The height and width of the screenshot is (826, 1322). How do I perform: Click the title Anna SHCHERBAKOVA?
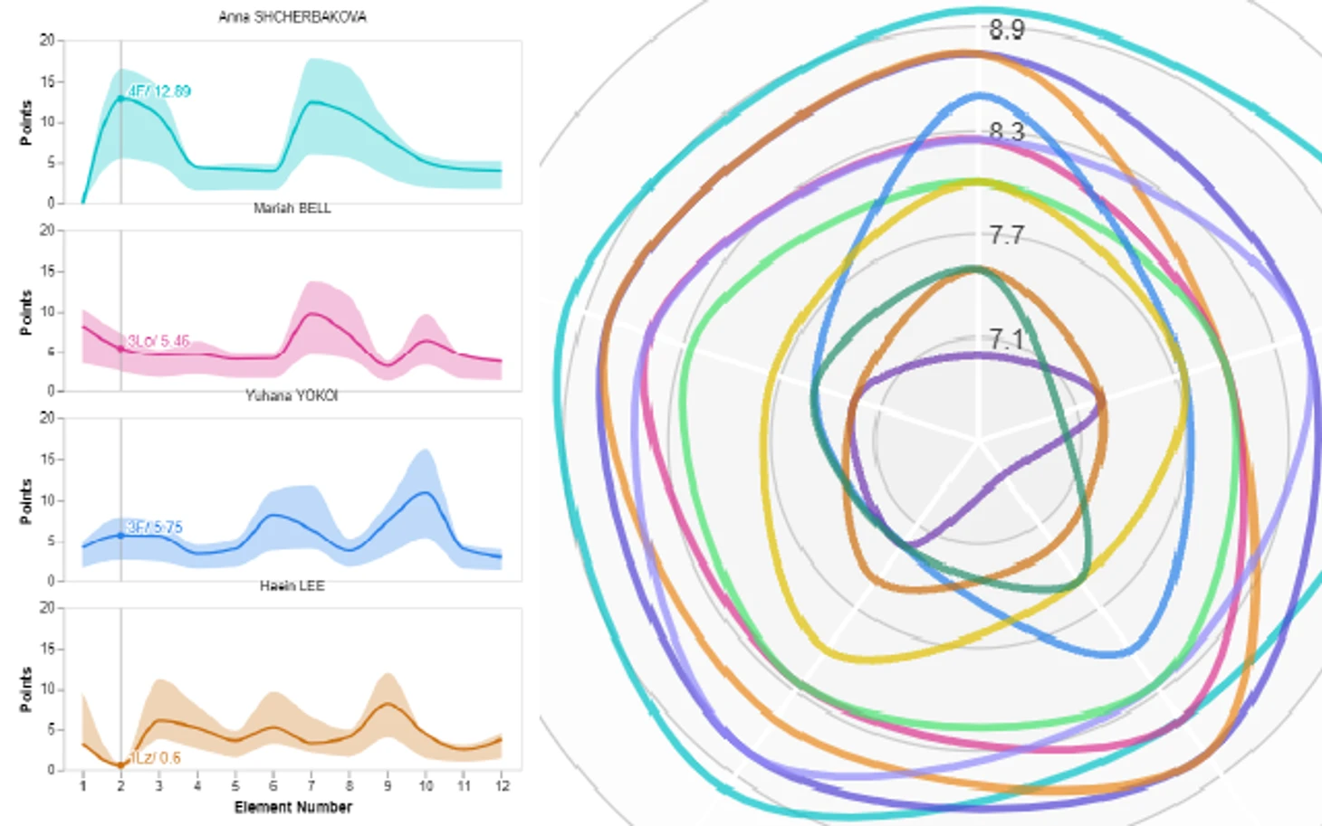coord(292,17)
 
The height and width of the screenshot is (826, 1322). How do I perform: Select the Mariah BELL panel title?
coord(292,208)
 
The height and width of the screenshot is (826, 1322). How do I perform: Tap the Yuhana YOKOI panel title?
coord(292,396)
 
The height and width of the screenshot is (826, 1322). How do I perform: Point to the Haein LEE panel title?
coord(292,586)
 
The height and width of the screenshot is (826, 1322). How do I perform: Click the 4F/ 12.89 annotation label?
coord(159,91)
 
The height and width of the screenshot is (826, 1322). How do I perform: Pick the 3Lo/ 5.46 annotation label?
coord(158,341)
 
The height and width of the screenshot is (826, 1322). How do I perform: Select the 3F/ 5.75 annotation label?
coord(155,527)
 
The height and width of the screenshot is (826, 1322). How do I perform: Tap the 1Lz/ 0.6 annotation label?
coord(155,758)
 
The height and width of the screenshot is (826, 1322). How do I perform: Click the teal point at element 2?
coord(120,98)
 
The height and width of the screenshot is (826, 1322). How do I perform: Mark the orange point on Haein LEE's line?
coord(120,765)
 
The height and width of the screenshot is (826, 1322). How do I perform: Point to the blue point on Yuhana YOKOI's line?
coord(120,536)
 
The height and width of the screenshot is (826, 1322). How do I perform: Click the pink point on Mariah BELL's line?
coord(120,348)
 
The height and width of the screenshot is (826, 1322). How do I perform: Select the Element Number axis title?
coord(292,807)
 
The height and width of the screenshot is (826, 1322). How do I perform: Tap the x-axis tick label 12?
coord(501,786)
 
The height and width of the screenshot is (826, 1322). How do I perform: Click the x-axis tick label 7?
coord(311,786)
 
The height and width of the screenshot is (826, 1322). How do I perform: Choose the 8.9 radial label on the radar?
coord(1006,30)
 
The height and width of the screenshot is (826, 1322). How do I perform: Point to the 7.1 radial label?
coord(1006,340)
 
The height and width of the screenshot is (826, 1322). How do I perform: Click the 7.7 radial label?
coord(1006,236)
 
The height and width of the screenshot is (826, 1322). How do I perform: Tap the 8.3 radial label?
coord(1006,133)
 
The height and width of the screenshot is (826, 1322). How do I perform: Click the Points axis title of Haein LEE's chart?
coord(26,689)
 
